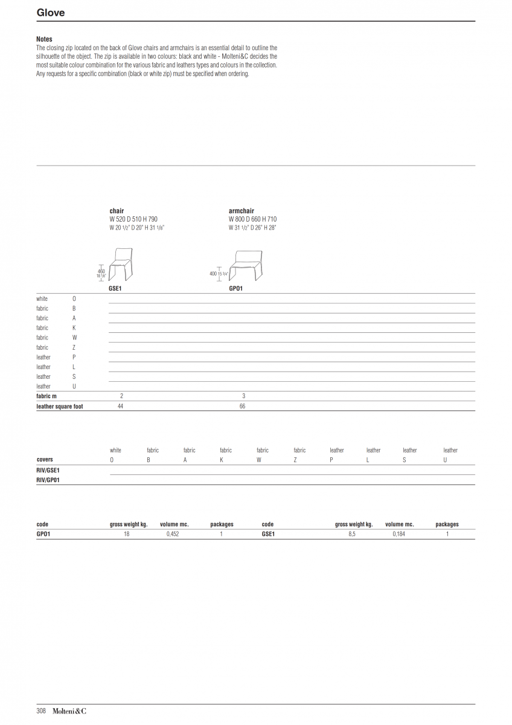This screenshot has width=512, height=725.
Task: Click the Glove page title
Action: [51, 12]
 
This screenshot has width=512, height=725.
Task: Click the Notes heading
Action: [44, 39]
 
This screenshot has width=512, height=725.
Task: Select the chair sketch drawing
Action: [121, 264]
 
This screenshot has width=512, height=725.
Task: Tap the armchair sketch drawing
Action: [246, 265]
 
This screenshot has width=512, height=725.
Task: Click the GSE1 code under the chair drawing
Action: [115, 288]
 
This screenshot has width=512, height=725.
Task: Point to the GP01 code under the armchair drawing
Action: [236, 288]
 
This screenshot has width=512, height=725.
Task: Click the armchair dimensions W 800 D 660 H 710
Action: [252, 219]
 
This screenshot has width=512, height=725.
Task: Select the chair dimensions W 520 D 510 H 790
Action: [133, 219]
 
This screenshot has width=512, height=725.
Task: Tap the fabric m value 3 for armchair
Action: [244, 396]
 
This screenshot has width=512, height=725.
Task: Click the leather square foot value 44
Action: [120, 406]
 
